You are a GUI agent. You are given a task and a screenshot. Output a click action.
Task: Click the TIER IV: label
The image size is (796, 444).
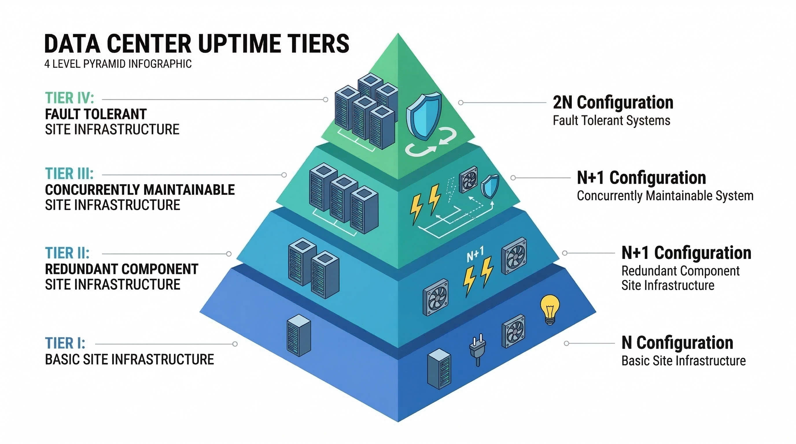69,98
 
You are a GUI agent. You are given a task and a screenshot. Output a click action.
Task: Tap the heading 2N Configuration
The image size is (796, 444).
613,103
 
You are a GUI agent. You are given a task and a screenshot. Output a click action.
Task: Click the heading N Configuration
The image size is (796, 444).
677,343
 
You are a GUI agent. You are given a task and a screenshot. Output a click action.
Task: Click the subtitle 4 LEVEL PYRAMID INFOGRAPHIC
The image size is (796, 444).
118,64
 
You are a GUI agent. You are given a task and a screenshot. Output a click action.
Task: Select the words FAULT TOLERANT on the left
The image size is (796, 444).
96,114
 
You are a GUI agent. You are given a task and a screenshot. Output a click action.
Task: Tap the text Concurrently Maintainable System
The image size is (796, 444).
665,196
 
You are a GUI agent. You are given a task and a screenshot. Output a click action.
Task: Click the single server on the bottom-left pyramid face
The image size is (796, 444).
298,335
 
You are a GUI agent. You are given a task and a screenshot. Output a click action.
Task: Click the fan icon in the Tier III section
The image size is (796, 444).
469,180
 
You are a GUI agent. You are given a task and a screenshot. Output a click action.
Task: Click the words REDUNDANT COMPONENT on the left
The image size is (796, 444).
121,269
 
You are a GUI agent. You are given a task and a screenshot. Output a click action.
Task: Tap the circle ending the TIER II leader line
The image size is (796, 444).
229,254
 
